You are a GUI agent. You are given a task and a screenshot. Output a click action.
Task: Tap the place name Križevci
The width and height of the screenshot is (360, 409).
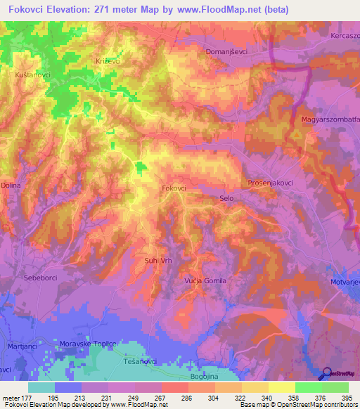tap(108, 62)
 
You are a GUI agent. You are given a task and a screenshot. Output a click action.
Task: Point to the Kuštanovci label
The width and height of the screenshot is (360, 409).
tap(30, 74)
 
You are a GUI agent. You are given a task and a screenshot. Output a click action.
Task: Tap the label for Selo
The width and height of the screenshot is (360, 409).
tap(226, 199)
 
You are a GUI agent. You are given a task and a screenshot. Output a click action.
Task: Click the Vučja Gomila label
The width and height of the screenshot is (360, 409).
tap(205, 280)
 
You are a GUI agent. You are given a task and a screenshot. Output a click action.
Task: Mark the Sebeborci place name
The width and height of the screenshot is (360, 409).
tap(39, 277)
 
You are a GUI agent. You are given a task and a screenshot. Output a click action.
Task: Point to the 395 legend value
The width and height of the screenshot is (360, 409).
tap(345, 398)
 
